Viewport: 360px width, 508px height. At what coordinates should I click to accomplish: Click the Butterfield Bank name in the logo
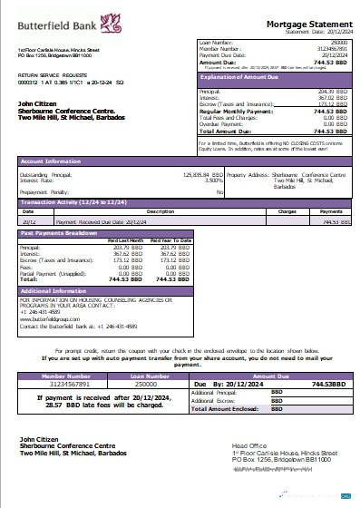[47, 19]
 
